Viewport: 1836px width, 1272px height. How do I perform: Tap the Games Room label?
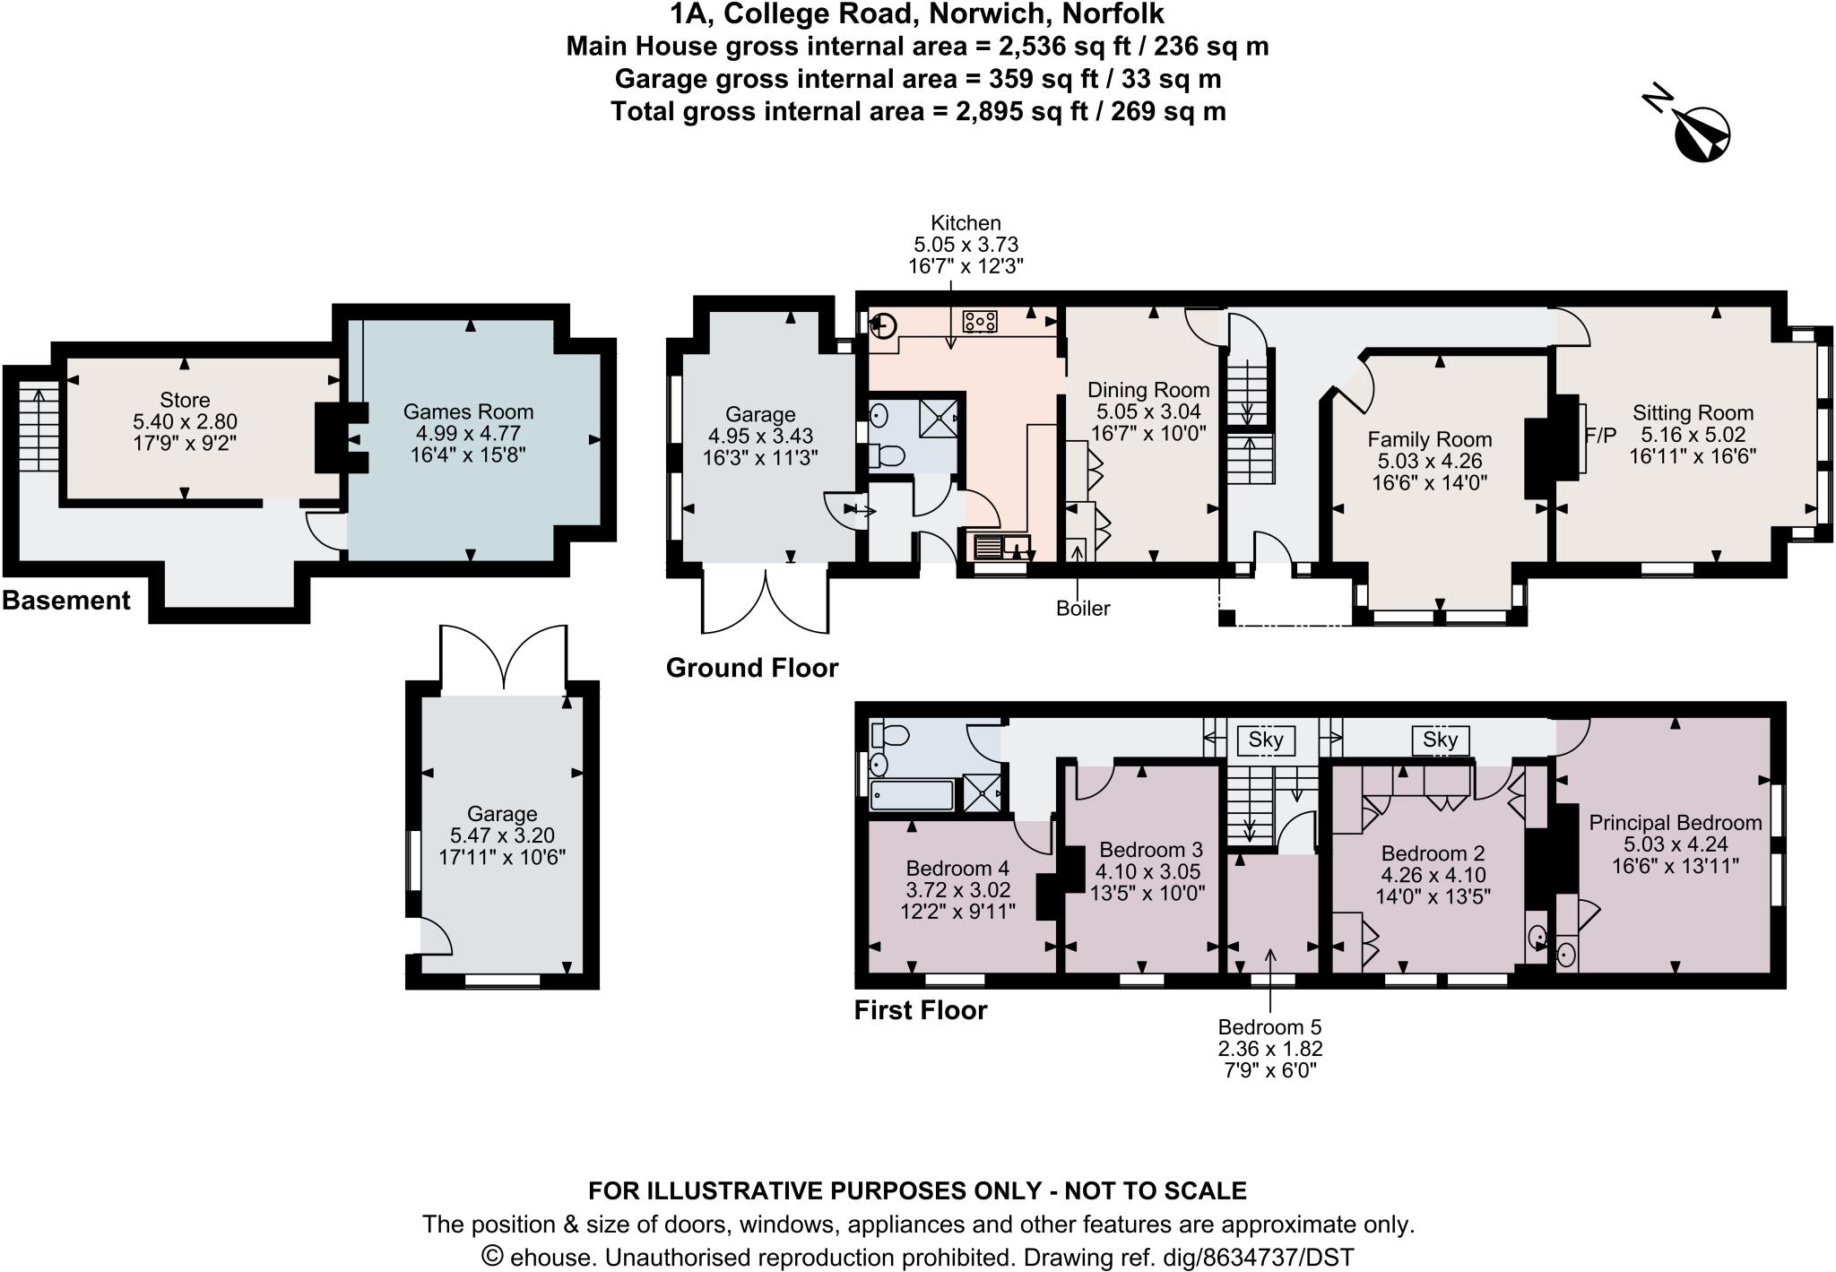468,411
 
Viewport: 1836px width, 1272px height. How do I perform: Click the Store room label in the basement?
185,400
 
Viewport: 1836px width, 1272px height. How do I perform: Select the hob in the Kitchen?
981,321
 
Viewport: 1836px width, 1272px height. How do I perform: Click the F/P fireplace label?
1600,436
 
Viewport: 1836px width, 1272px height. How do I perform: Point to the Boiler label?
1083,609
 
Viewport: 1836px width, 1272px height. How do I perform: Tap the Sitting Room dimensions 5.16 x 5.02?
1693,435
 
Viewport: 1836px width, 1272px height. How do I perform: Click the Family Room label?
1429,439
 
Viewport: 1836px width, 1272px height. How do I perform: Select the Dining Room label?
1148,390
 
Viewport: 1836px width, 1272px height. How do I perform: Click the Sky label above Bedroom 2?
1440,740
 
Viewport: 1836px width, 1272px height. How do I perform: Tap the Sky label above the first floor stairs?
1266,740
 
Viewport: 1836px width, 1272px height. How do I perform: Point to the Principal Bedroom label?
1675,822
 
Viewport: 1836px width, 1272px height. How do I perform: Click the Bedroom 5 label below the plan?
1269,1027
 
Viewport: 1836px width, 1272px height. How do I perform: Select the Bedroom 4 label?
957,868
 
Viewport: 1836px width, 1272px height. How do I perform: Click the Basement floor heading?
66,601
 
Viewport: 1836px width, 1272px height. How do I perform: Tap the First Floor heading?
920,1010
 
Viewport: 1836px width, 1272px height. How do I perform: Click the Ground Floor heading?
751,668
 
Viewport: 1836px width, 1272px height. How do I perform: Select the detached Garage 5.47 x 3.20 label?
501,814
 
